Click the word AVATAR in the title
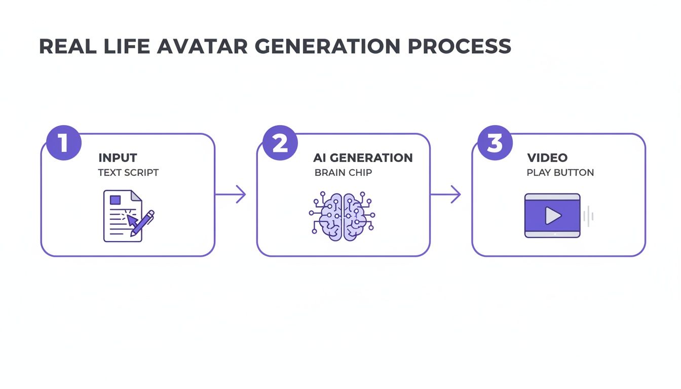202,47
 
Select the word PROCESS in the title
460,47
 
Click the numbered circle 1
63,143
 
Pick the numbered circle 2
280,143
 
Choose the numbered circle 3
495,143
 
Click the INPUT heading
118,158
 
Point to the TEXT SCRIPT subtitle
128,173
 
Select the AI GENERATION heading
363,158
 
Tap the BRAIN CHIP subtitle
343,173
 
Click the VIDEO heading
547,158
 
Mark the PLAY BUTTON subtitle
560,173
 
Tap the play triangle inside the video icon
553,216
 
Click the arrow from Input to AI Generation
231,194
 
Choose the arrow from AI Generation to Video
446,194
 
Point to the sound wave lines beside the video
588,216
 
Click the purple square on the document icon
116,200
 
